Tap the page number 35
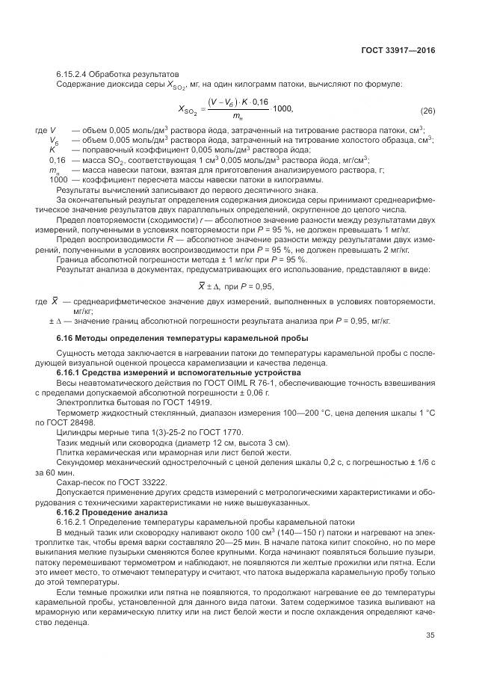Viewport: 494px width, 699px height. pos(430,638)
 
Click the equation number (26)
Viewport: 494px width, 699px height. pos(427,111)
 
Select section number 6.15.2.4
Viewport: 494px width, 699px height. pos(76,75)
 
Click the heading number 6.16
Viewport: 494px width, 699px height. pos(65,339)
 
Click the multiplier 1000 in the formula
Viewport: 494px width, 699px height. pos(283,109)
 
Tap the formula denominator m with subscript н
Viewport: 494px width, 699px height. pos(238,118)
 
